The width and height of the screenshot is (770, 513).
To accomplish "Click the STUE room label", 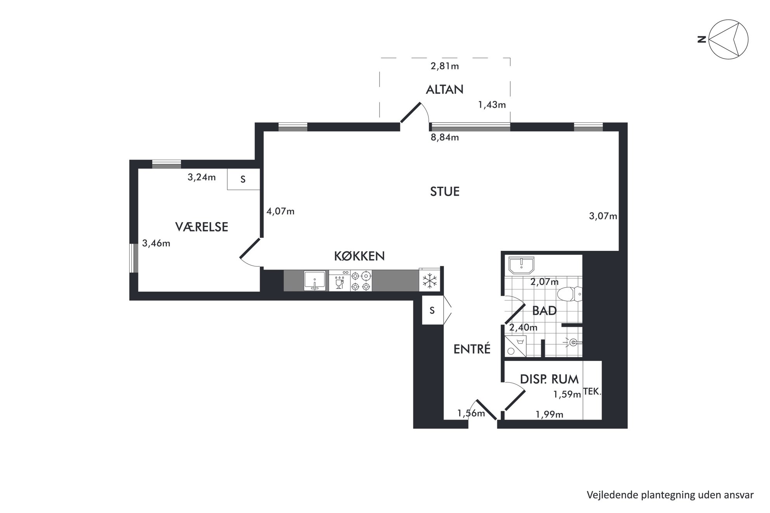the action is point(445,192).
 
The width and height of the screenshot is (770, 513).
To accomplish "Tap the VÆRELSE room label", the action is point(201,227).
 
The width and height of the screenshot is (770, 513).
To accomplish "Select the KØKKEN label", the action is point(359,256).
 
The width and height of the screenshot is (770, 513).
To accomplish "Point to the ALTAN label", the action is point(445,90).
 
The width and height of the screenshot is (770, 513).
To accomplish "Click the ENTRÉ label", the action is point(472,349).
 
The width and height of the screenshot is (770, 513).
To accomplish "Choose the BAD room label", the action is point(545,311).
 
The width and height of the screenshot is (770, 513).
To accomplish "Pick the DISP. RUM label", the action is point(549,379).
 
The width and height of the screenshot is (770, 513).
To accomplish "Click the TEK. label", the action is point(592,392).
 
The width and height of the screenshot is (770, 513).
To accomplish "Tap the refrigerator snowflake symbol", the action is point(430,281).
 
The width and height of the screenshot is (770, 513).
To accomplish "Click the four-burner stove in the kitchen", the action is point(361,281).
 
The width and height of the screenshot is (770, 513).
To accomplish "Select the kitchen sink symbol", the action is point(315,281).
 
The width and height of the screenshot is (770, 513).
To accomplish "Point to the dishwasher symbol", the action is point(340,281).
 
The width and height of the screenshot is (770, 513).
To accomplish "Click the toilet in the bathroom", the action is point(570,294).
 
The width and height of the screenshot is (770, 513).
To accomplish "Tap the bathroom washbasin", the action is point(522,265).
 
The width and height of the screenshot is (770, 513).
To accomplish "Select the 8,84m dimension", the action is point(445,137).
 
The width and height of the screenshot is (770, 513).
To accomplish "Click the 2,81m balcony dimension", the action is point(445,66).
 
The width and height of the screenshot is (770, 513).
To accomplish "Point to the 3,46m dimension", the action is point(156,244).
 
